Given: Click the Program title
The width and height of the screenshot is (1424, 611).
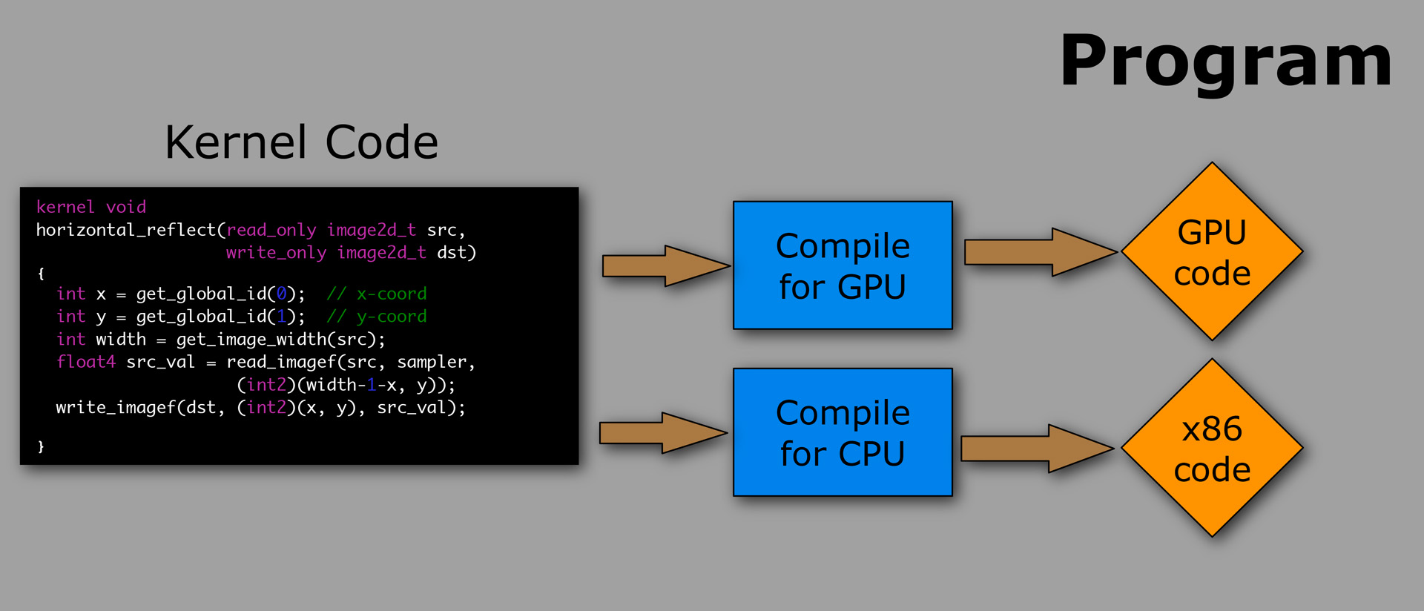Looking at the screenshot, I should [1225, 62].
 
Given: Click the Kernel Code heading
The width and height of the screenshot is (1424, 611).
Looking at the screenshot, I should [301, 142].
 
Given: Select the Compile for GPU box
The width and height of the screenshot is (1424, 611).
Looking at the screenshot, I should [843, 265].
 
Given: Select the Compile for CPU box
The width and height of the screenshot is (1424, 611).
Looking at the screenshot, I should [843, 432].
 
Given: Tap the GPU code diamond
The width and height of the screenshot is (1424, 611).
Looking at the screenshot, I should [1212, 252].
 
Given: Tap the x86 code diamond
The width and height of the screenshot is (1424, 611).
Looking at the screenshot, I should [1212, 448].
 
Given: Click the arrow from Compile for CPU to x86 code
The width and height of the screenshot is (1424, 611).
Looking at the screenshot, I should [1037, 449].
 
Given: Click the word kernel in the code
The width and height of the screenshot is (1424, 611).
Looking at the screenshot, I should [65, 207].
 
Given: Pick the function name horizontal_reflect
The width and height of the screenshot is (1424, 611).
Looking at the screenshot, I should [125, 230].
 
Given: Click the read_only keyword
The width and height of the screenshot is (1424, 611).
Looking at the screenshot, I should [271, 230].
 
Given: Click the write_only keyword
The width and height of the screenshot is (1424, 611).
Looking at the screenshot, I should [276, 253].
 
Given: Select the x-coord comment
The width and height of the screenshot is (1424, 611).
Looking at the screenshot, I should [377, 294].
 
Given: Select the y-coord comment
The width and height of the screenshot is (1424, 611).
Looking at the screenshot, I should [377, 317].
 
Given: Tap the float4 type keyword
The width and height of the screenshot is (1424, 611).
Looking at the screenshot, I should [86, 362].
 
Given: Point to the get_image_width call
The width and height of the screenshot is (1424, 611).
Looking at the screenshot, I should [252, 340].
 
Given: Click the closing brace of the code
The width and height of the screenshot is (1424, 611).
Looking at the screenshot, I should [41, 446].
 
